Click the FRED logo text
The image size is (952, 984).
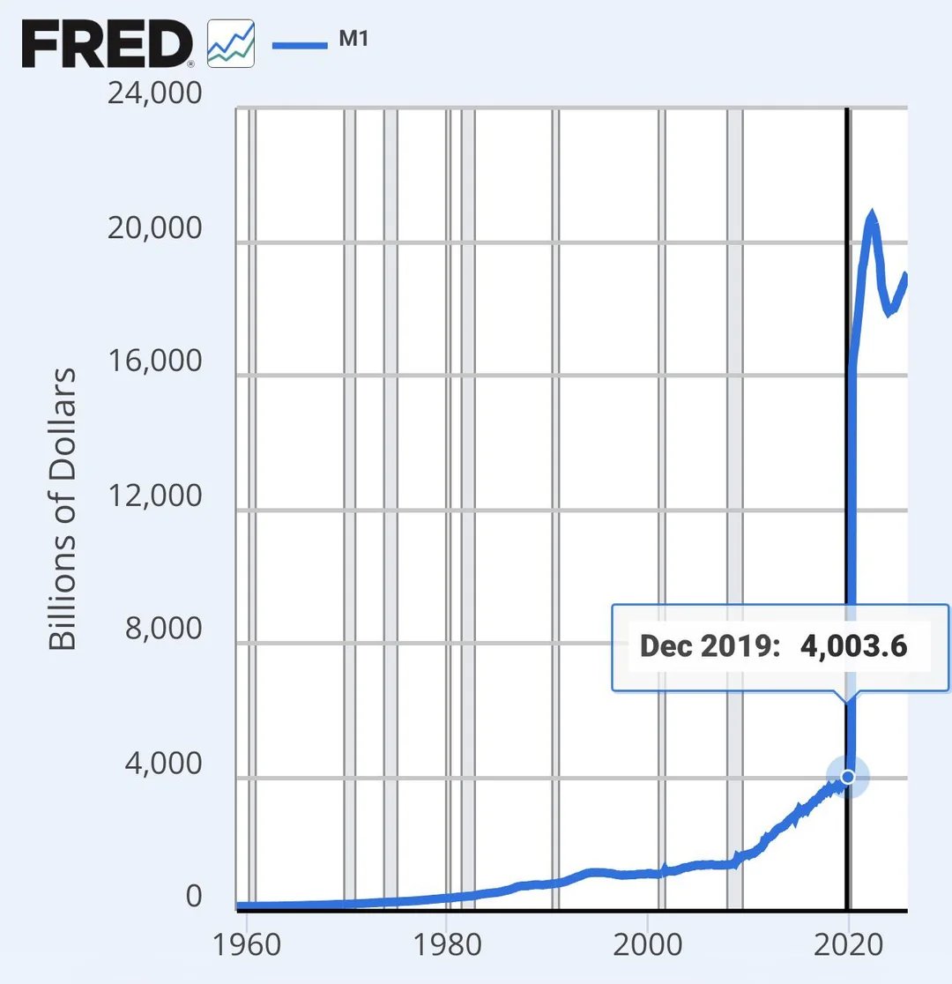(x=107, y=44)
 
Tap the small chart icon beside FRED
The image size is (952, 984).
(x=230, y=44)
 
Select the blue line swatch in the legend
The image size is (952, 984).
(x=300, y=44)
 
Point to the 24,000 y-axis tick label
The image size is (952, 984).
(x=154, y=93)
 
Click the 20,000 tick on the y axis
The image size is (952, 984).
(x=154, y=228)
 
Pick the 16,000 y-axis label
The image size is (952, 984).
(x=154, y=362)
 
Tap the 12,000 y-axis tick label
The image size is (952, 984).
(x=154, y=496)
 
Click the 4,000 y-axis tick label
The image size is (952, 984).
(x=163, y=764)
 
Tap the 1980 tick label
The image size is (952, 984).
(x=447, y=944)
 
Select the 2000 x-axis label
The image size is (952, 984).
(x=647, y=944)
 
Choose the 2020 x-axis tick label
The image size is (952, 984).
(x=848, y=944)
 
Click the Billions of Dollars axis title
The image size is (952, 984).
(x=63, y=509)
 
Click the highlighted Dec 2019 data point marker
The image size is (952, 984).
(x=848, y=777)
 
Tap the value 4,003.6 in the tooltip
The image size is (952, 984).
(x=853, y=646)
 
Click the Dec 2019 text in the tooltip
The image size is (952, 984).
(x=710, y=646)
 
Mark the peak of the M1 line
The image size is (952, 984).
(x=872, y=214)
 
